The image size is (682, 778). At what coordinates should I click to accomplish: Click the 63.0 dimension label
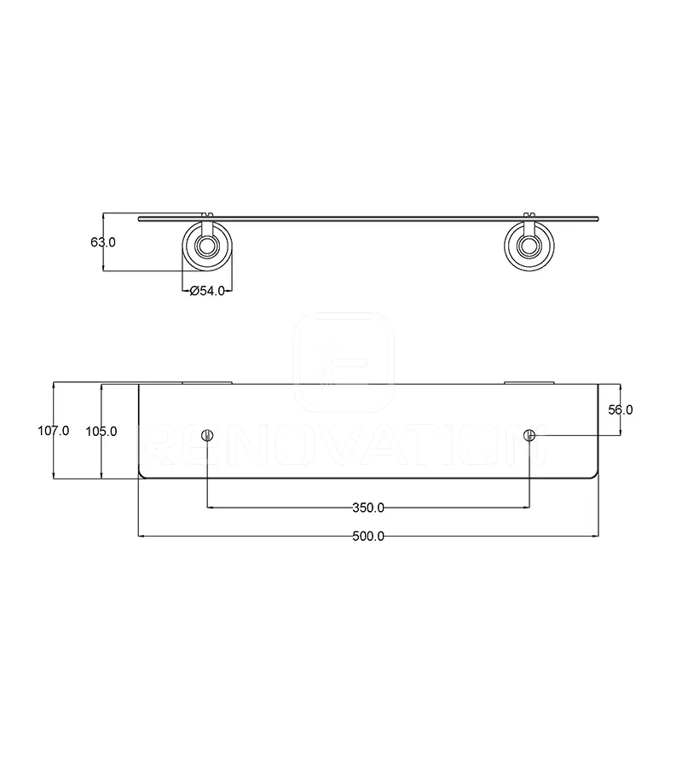102,242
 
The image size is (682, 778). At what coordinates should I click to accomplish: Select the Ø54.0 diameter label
207,291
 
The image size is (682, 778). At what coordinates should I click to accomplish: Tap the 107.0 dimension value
54,431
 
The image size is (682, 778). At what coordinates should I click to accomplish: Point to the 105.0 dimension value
101,431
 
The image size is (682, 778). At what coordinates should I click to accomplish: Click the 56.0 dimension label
621,409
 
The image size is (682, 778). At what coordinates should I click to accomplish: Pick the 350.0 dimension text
368,508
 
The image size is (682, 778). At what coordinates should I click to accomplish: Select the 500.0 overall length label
368,536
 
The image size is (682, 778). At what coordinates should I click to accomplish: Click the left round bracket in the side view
207,247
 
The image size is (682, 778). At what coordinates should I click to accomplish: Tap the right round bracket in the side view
529,247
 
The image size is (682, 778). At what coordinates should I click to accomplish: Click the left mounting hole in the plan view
207,436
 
